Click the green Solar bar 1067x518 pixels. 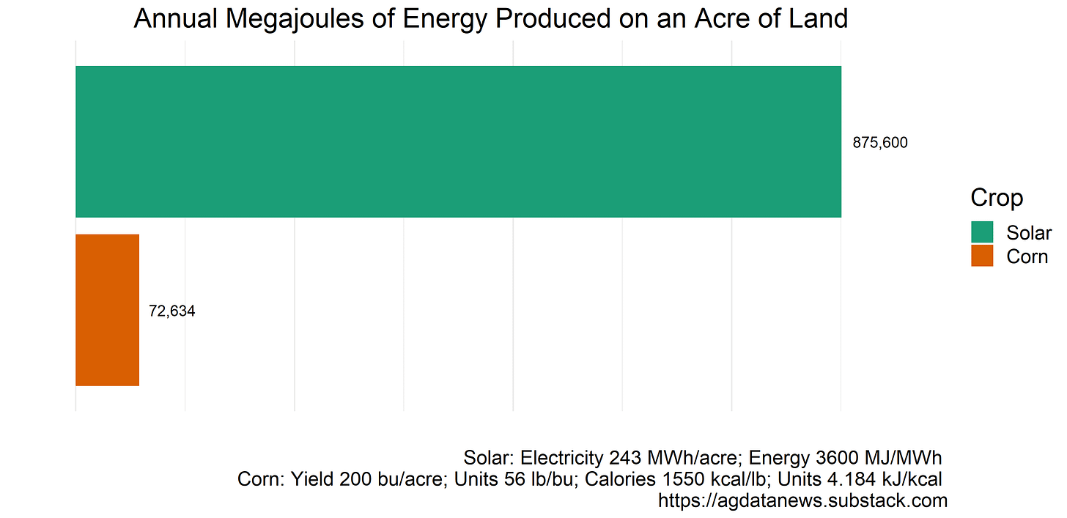click(x=458, y=141)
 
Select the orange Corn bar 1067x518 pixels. click(x=107, y=310)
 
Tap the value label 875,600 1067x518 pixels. click(x=879, y=143)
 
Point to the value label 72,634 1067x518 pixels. click(x=171, y=311)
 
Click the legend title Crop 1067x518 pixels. click(x=997, y=198)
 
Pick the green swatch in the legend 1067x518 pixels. click(x=982, y=232)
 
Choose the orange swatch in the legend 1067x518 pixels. click(x=982, y=256)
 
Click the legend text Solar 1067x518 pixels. click(x=1028, y=233)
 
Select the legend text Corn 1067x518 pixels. click(x=1027, y=256)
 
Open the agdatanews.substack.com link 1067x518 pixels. click(x=802, y=501)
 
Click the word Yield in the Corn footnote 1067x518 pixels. click(x=313, y=480)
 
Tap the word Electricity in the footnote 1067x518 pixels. click(x=561, y=458)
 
